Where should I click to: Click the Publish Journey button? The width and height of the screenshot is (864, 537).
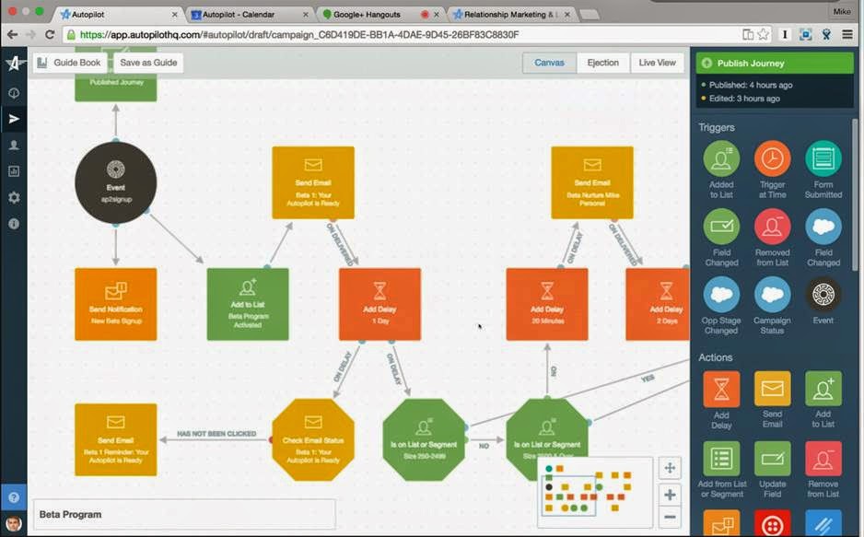coord(776,64)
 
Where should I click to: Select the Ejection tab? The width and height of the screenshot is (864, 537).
coord(602,63)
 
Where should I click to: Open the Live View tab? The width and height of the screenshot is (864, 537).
coord(657,63)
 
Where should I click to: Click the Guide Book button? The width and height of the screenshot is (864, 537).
coord(69,63)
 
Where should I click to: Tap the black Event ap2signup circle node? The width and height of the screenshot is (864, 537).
coord(116,182)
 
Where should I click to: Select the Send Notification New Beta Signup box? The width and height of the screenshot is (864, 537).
coord(116,304)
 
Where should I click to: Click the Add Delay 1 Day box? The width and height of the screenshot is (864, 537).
coord(379,304)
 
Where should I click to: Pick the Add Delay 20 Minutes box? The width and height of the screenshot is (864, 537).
coord(546,304)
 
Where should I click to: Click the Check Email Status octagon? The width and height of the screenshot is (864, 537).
coord(313,438)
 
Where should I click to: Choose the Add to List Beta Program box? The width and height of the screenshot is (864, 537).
coord(247,304)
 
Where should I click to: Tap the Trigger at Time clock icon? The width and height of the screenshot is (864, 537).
coord(772,159)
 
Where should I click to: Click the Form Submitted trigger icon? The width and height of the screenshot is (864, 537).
coord(823,159)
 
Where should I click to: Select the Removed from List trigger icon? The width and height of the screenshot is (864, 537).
coord(772,227)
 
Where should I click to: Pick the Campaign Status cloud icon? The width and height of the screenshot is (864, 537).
coord(772,295)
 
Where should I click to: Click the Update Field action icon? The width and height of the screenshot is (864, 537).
coord(772,459)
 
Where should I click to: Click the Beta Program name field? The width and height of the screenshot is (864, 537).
coord(184,514)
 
